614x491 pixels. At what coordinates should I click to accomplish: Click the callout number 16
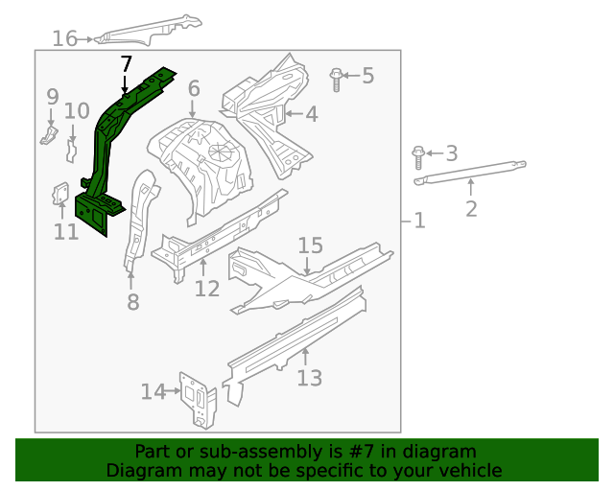point(64,38)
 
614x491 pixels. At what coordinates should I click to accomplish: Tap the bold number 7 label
point(125,64)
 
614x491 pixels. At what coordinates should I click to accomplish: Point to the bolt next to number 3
point(419,153)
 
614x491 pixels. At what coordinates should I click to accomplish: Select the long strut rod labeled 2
point(470,173)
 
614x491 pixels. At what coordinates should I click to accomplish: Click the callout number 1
point(418,222)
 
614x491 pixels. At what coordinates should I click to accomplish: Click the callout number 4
point(311,115)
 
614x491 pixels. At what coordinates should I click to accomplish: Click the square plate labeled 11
point(59,196)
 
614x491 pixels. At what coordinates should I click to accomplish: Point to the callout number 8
point(132,302)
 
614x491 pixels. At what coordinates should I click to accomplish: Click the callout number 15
point(310,246)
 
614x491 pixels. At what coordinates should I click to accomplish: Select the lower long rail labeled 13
point(297,336)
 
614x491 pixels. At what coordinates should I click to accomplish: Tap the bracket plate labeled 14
point(199,396)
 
